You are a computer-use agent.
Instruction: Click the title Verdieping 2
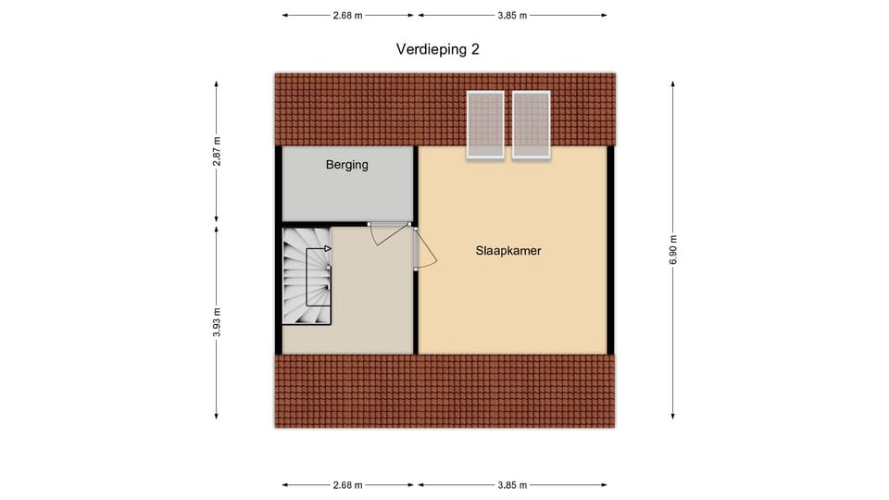(x=438, y=50)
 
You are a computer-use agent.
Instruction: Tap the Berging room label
(x=347, y=165)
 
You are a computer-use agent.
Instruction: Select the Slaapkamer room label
(x=508, y=251)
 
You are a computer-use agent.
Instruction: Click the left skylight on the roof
(x=485, y=125)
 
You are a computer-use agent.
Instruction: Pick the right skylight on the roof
(x=532, y=125)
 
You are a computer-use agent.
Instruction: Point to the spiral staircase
(x=307, y=276)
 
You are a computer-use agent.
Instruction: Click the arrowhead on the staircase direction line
(x=328, y=248)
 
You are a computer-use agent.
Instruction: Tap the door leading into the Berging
(x=389, y=233)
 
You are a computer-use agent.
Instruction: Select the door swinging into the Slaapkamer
(x=424, y=248)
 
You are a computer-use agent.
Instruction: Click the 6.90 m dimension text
(x=673, y=249)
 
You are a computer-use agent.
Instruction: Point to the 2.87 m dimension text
(x=217, y=151)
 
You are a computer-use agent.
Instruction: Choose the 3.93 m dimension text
(x=217, y=322)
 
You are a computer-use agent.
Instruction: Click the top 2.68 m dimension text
(x=347, y=16)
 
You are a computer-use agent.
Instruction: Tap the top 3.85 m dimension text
(x=512, y=16)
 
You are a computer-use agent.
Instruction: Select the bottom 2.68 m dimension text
(x=347, y=485)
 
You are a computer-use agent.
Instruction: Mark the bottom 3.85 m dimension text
(x=512, y=485)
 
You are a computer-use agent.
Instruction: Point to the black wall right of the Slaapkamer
(x=610, y=250)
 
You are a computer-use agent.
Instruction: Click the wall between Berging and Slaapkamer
(x=416, y=184)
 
